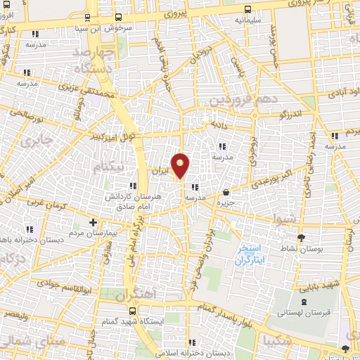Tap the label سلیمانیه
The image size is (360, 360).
click(249, 20)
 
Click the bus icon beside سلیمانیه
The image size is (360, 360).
click(247, 10)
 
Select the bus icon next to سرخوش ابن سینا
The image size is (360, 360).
click(118, 18)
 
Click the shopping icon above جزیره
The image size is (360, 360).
click(226, 191)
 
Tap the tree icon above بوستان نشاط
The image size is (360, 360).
click(302, 238)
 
